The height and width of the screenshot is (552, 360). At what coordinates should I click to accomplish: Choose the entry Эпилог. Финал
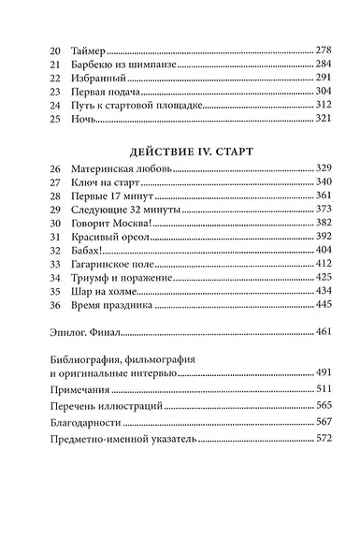click(97, 358)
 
